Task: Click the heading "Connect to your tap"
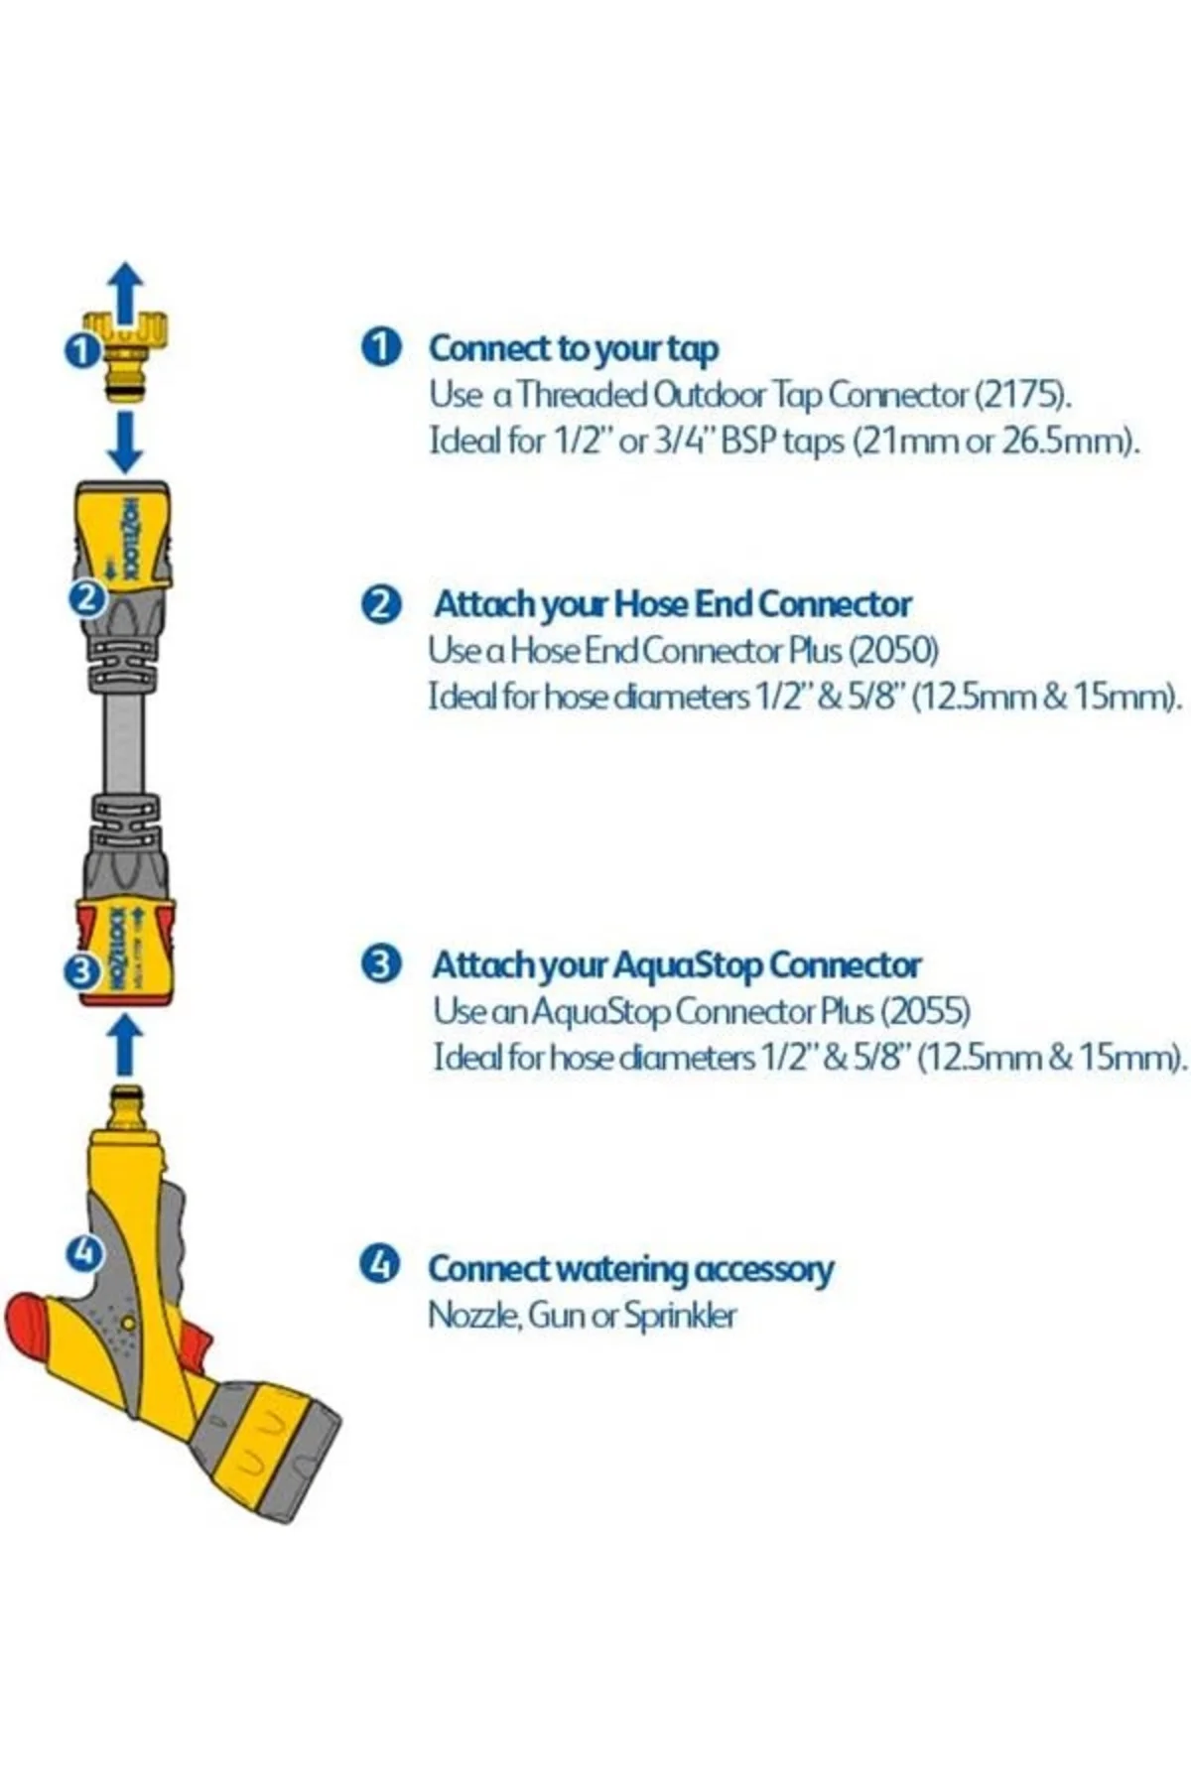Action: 574,348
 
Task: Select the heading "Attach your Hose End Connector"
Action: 673,604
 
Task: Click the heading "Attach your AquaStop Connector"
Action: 677,964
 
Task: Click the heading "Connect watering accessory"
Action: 631,1269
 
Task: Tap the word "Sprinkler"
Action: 680,1317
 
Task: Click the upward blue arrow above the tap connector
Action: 126,292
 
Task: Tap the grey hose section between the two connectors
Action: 124,742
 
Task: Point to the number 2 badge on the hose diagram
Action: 87,598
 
